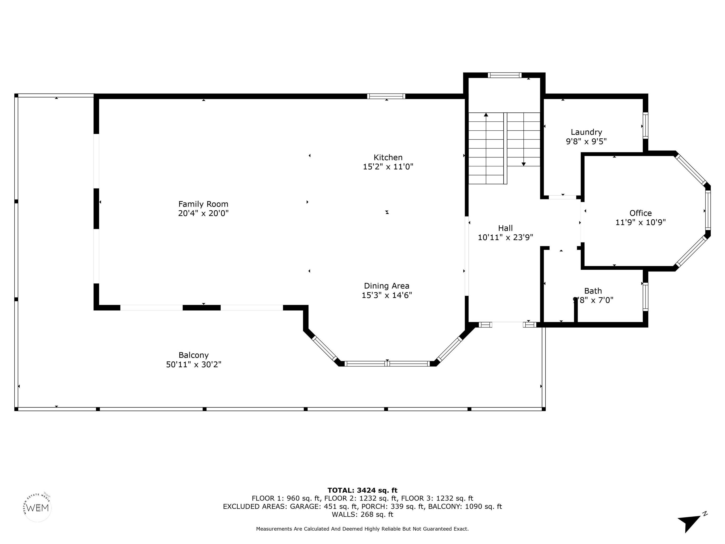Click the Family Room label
(203, 204)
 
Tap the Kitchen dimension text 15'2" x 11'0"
(388, 167)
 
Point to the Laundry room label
(586, 132)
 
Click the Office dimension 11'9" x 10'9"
(641, 222)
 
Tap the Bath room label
(593, 291)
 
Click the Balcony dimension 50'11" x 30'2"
(194, 364)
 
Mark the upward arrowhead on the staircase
(486, 115)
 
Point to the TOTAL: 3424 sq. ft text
(362, 490)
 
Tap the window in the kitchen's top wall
(386, 96)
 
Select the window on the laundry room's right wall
(645, 126)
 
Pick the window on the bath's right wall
(645, 297)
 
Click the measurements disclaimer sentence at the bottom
(362, 529)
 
